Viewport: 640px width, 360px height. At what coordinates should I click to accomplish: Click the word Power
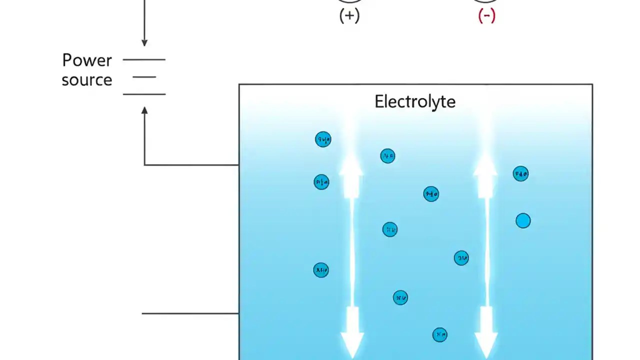86,60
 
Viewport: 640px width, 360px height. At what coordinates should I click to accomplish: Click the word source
86,80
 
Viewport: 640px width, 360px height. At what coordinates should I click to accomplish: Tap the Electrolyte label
414,102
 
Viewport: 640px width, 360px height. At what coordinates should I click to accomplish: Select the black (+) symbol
349,16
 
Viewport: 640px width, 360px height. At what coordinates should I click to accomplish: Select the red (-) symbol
486,16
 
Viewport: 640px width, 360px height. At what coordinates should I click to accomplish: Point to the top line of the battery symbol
144,59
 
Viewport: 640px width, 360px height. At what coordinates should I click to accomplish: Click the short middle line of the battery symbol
144,77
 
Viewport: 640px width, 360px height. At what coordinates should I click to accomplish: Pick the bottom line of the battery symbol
144,94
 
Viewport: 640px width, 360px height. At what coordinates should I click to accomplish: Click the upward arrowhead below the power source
144,110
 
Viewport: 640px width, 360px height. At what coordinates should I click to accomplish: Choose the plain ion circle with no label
523,220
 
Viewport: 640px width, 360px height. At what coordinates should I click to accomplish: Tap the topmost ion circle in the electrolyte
323,139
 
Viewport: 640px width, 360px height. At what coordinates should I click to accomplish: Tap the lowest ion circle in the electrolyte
439,334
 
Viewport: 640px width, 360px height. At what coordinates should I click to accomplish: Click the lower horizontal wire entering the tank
190,313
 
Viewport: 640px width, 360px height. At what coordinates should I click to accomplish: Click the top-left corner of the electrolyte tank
239,84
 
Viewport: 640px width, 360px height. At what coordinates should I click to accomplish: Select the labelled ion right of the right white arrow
520,174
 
